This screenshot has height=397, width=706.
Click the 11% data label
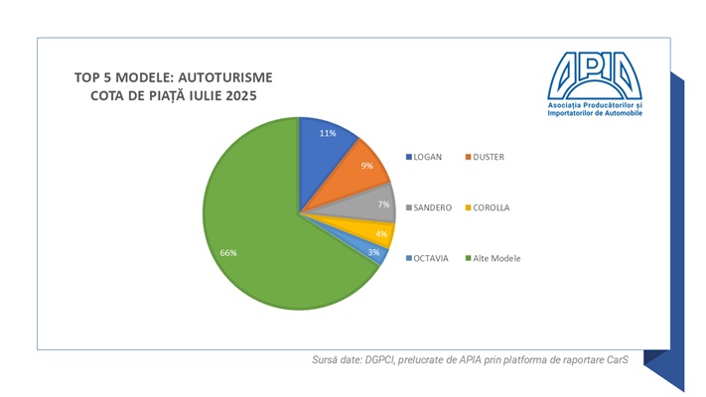(326, 133)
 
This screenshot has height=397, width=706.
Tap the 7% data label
(383, 202)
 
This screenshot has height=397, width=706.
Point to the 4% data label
(380, 234)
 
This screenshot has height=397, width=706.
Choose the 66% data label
(227, 253)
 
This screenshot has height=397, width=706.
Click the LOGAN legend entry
(428, 157)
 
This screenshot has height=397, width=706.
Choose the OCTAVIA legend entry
(431, 258)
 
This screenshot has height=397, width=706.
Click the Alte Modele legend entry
(497, 258)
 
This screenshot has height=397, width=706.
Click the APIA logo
(595, 83)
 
